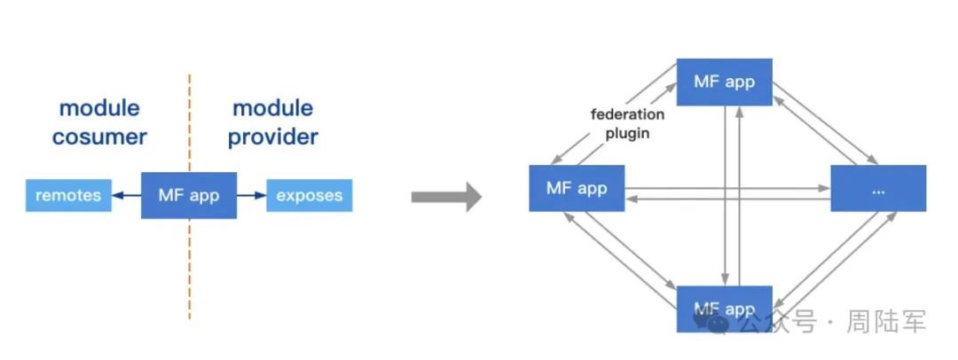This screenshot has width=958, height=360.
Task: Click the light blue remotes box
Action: pyautogui.click(x=68, y=196)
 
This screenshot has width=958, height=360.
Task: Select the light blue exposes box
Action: pyautogui.click(x=310, y=196)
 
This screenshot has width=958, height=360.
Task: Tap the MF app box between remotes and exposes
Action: pyautogui.click(x=189, y=196)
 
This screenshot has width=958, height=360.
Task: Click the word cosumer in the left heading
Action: pyautogui.click(x=99, y=137)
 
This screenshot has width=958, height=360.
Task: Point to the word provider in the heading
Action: pyautogui.click(x=273, y=137)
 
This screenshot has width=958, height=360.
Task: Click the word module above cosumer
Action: pyautogui.click(x=99, y=109)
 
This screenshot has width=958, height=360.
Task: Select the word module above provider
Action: pyautogui.click(x=273, y=109)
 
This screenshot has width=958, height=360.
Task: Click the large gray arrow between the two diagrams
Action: pyautogui.click(x=446, y=197)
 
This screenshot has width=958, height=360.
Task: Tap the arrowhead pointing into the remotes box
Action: pyautogui.click(x=117, y=196)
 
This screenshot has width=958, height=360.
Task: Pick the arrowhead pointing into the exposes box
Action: pyautogui.click(x=261, y=196)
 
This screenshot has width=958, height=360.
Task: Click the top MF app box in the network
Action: pyautogui.click(x=725, y=82)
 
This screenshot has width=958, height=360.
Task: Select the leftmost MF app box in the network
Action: pyautogui.click(x=577, y=188)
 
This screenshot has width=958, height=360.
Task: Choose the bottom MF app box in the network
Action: pyautogui.click(x=725, y=309)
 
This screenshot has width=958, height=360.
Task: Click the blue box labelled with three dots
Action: pyautogui.click(x=878, y=188)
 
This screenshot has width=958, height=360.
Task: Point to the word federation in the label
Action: pyautogui.click(x=627, y=114)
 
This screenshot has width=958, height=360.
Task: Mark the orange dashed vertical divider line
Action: pyautogui.click(x=190, y=197)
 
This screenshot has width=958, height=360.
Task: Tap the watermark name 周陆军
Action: pyautogui.click(x=886, y=322)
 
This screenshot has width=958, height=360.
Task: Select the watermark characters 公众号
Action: pyautogui.click(x=776, y=322)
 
